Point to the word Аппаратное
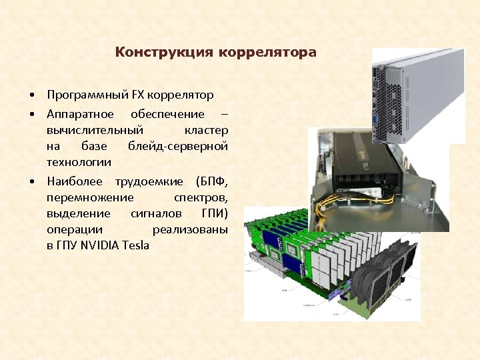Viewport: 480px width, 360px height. click(x=80, y=113)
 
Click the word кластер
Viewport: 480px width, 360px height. click(x=206, y=129)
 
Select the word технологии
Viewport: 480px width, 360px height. click(x=79, y=162)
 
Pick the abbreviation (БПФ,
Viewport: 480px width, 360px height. click(x=212, y=181)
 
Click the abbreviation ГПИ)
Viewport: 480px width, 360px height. click(x=215, y=213)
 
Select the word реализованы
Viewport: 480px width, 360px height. click(x=190, y=229)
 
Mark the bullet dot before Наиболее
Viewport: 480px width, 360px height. click(x=31, y=181)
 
